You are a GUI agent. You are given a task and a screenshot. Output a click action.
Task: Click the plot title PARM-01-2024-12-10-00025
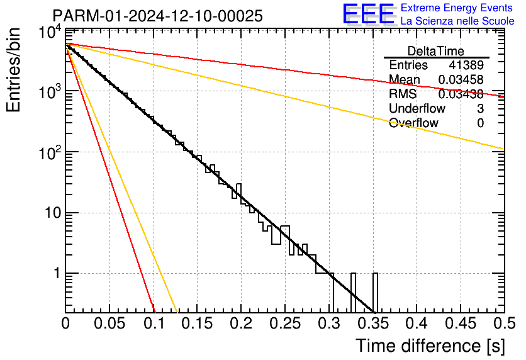[x=158, y=16]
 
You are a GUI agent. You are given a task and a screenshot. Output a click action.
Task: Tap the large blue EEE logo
[x=369, y=13]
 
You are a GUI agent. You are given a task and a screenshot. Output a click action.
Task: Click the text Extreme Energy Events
[x=457, y=8]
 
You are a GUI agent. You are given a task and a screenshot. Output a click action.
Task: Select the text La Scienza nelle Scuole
[x=457, y=21]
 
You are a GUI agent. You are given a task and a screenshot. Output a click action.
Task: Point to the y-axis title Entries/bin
[x=13, y=70]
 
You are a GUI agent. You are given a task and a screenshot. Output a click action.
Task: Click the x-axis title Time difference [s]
[x=430, y=346]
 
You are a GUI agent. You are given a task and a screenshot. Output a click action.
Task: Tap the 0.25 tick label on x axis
[x=285, y=323]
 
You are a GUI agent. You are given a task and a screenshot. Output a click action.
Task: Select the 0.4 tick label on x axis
[x=417, y=323]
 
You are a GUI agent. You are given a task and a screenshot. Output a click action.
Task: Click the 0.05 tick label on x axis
[x=109, y=323]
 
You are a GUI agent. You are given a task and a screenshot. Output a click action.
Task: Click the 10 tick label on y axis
[x=53, y=213]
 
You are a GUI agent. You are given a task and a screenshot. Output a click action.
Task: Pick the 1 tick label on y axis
[x=57, y=273]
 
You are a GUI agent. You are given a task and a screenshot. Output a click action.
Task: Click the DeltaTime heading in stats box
[x=436, y=51]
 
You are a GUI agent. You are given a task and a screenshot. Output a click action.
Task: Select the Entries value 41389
[x=466, y=65]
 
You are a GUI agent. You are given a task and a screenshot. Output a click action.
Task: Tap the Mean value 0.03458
[x=461, y=79]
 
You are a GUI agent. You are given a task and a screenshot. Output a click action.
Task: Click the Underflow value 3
[x=480, y=108]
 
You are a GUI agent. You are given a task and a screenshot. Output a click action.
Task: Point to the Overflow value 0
[x=480, y=123]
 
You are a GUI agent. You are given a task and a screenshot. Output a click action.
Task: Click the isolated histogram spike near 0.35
[x=375, y=293]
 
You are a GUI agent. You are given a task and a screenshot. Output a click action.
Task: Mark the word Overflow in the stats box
[x=413, y=123]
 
